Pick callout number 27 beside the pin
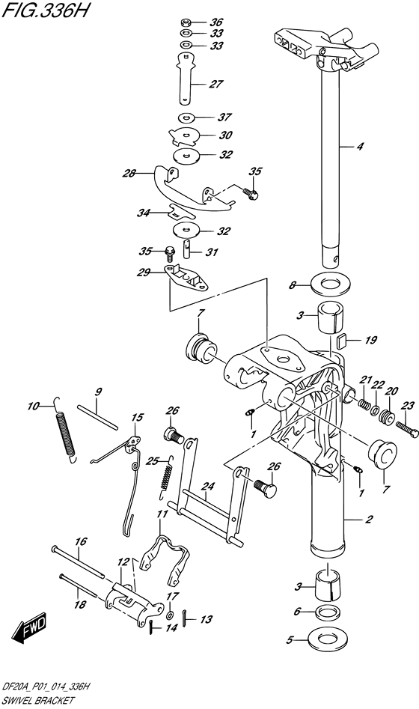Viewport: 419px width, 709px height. pyautogui.click(x=215, y=84)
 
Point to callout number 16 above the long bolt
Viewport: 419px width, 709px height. pyautogui.click(x=81, y=541)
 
